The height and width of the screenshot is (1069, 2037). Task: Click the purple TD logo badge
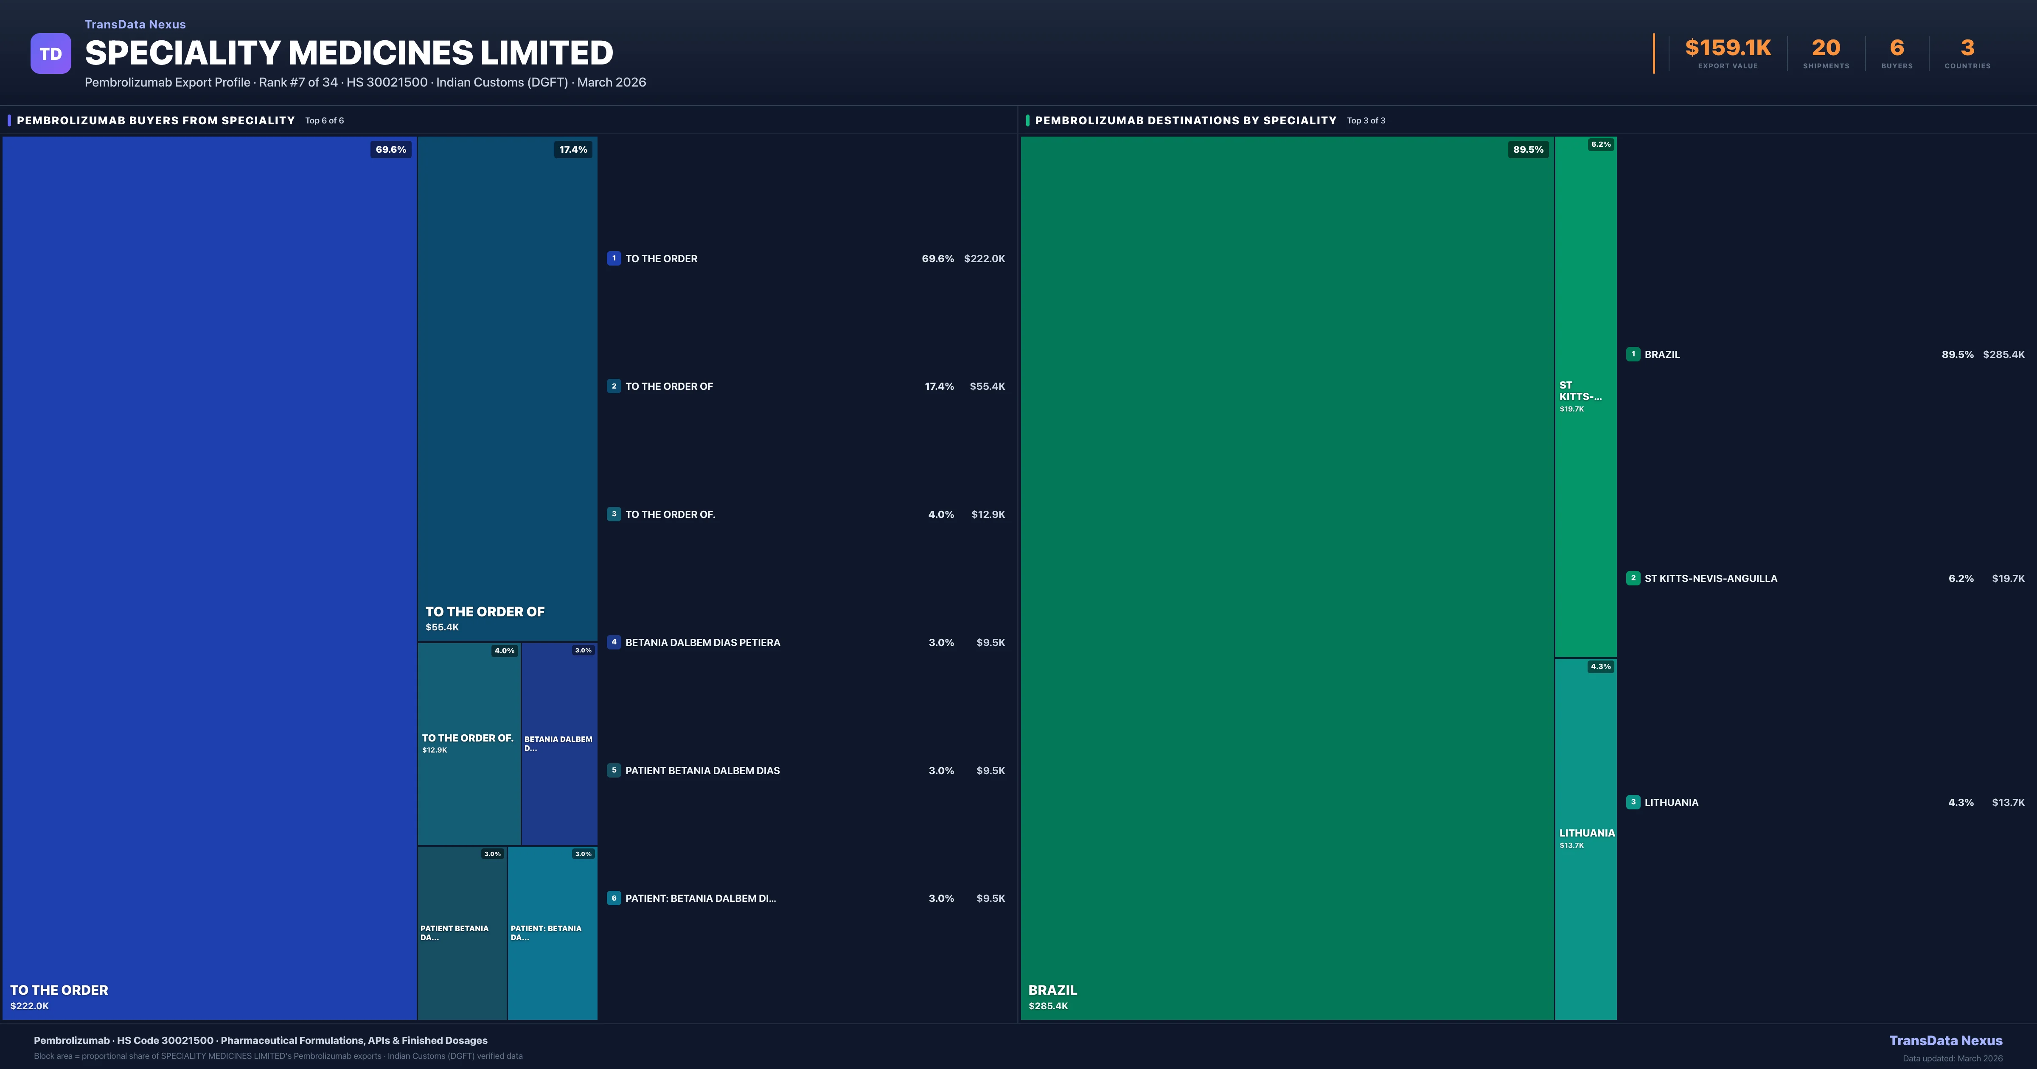51,54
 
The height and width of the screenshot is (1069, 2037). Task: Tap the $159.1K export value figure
1728,48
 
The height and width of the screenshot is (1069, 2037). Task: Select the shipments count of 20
1826,48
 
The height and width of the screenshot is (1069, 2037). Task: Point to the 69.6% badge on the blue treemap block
390,149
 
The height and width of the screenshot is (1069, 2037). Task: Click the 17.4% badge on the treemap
573,149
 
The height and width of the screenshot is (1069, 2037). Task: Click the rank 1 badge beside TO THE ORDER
614,258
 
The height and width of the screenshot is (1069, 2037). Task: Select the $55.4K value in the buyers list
987,386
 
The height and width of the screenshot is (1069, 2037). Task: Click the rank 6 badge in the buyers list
614,898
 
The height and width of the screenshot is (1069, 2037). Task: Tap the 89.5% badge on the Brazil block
1528,149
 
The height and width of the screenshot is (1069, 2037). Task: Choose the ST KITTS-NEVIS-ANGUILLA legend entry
1710,579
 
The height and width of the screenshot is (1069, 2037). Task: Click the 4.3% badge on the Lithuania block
1600,666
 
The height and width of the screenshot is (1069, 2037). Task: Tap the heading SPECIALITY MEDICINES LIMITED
349,53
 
